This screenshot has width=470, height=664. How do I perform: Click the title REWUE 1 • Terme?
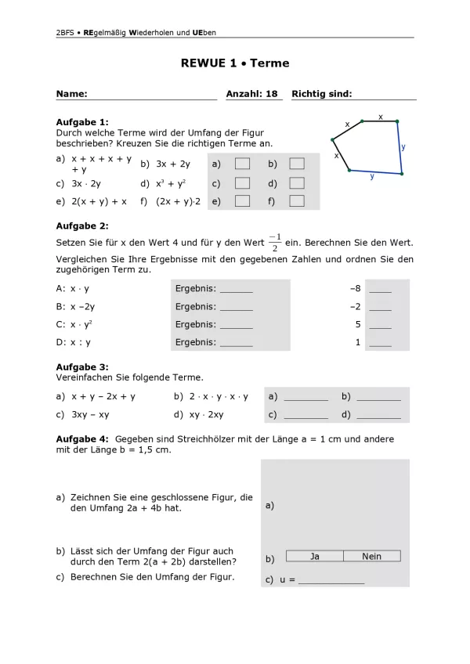pyautogui.click(x=235, y=63)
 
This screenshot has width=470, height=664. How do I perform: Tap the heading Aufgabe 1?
pyautogui.click(x=82, y=122)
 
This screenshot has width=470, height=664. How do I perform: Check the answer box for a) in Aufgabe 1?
pyautogui.click(x=243, y=164)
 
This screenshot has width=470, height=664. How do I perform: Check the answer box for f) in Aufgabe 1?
pyautogui.click(x=297, y=201)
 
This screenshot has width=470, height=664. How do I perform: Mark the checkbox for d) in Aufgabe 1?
pyautogui.click(x=297, y=182)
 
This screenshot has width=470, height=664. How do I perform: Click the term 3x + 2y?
pyautogui.click(x=172, y=164)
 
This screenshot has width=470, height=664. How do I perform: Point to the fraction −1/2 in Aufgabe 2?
pyautogui.click(x=274, y=242)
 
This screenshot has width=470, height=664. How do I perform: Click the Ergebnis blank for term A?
pyautogui.click(x=236, y=290)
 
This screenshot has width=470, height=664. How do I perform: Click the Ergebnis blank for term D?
pyautogui.click(x=236, y=343)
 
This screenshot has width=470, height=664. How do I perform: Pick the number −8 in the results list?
pyautogui.click(x=355, y=288)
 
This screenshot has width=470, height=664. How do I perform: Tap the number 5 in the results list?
pyautogui.click(x=357, y=324)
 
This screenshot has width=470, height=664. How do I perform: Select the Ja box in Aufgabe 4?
pyautogui.click(x=315, y=557)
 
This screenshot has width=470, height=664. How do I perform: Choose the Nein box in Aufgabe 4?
pyautogui.click(x=372, y=557)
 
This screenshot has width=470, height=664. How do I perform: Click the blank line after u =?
pyautogui.click(x=331, y=582)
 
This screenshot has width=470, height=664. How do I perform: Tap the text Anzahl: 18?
pyautogui.click(x=252, y=94)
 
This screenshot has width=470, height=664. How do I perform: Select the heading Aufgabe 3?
pyautogui.click(x=82, y=367)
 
